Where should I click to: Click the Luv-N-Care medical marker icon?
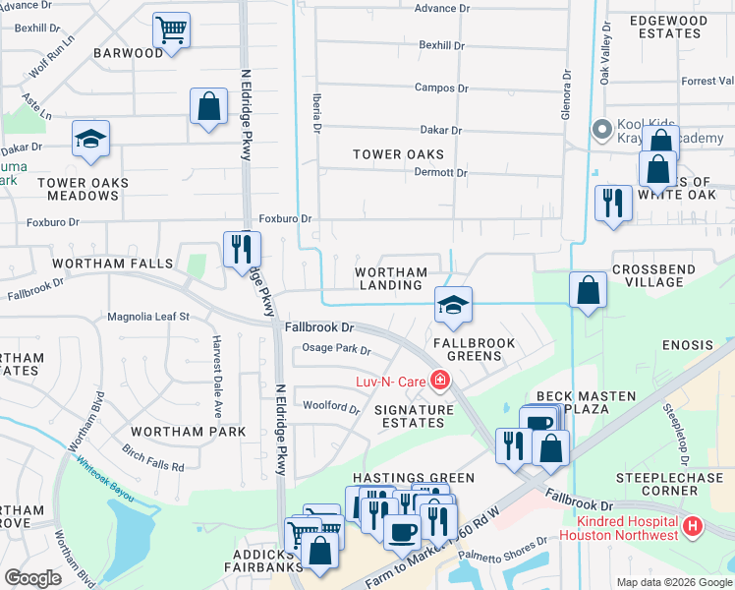[x=439, y=380]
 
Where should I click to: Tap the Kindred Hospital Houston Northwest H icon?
[x=694, y=527]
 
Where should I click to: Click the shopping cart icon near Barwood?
[x=172, y=29]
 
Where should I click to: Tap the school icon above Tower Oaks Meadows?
[x=90, y=140]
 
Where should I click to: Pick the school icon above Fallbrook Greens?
[x=453, y=306]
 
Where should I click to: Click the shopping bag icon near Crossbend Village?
[x=588, y=290]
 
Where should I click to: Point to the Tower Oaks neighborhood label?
[x=398, y=154]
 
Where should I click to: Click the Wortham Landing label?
[x=391, y=279]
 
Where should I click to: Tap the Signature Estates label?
[x=413, y=416]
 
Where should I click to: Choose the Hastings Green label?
[x=423, y=478]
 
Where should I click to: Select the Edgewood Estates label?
[x=667, y=27]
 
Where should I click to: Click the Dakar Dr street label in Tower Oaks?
[x=440, y=130]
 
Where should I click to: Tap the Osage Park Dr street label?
[x=336, y=349]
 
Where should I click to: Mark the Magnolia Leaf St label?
[x=147, y=317]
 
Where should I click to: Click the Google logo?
[x=32, y=578]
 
